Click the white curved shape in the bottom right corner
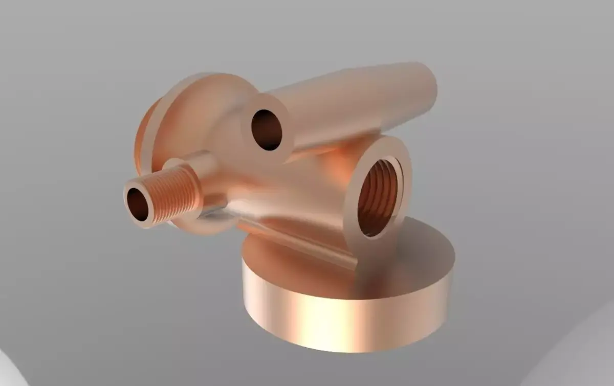coord(578,358)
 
